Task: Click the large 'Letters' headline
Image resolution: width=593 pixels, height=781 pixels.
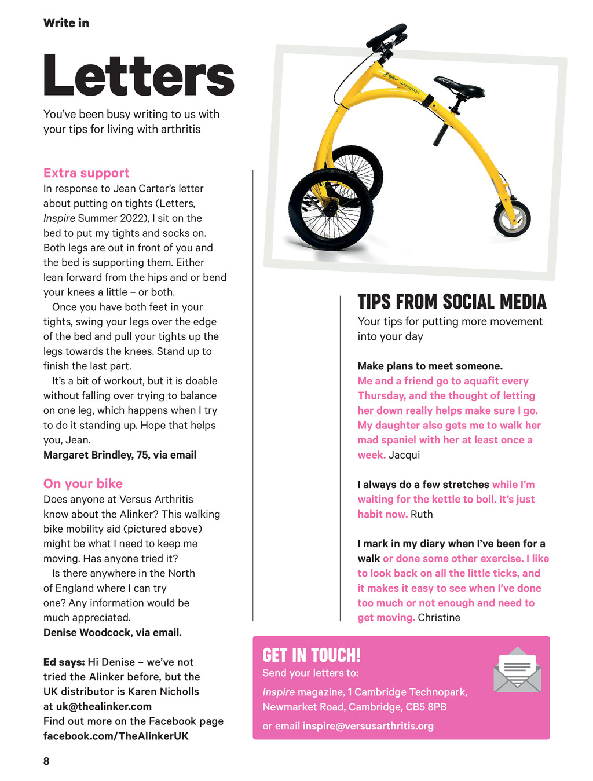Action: click(x=138, y=75)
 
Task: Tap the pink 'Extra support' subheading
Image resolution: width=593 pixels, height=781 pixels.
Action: click(x=86, y=173)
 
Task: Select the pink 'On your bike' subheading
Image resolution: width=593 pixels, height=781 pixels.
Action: click(x=83, y=483)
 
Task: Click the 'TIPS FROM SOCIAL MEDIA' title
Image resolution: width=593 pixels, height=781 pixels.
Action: click(x=452, y=302)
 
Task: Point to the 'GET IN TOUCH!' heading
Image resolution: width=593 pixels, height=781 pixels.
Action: click(x=311, y=655)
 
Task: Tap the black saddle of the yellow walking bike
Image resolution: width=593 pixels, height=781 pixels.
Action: click(x=460, y=87)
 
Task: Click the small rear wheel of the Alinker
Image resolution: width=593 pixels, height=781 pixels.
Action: click(x=512, y=219)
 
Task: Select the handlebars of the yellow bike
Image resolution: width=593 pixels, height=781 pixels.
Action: click(x=386, y=35)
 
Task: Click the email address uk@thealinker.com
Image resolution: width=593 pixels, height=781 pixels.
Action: click(x=104, y=706)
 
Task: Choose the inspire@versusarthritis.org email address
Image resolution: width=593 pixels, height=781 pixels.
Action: click(x=368, y=726)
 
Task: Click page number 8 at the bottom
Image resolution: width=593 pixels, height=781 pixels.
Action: click(x=46, y=761)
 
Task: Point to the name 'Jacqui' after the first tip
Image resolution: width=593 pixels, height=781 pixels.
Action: click(x=404, y=454)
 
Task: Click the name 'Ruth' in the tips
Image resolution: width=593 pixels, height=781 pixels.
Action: click(x=422, y=514)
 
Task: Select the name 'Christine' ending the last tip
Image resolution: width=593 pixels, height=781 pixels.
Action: click(x=439, y=617)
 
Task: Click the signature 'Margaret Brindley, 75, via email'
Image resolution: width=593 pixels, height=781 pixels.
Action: click(x=120, y=454)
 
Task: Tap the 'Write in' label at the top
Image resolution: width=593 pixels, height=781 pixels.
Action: click(x=66, y=23)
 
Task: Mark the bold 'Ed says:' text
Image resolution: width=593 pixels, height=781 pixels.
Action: click(x=64, y=662)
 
